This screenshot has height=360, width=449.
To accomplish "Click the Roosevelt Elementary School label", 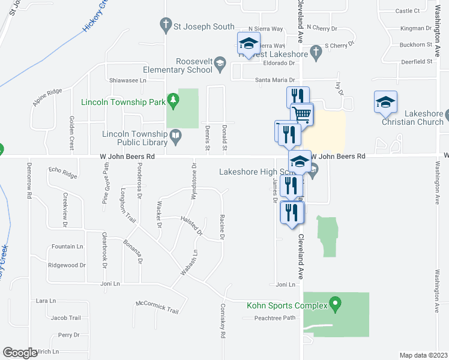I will (x=194, y=65).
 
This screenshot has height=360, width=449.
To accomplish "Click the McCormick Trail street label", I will (x=157, y=306).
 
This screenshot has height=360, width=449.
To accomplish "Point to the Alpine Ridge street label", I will (x=47, y=97).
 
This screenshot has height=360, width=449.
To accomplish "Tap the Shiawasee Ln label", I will (x=127, y=80).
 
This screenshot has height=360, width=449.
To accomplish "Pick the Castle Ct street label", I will (x=408, y=11).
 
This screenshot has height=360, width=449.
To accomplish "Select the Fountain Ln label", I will (x=67, y=247).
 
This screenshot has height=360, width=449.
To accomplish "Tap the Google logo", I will (x=20, y=352).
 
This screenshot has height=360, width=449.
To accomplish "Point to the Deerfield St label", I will (x=417, y=62).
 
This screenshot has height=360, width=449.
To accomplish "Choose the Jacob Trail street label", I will (x=65, y=317).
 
